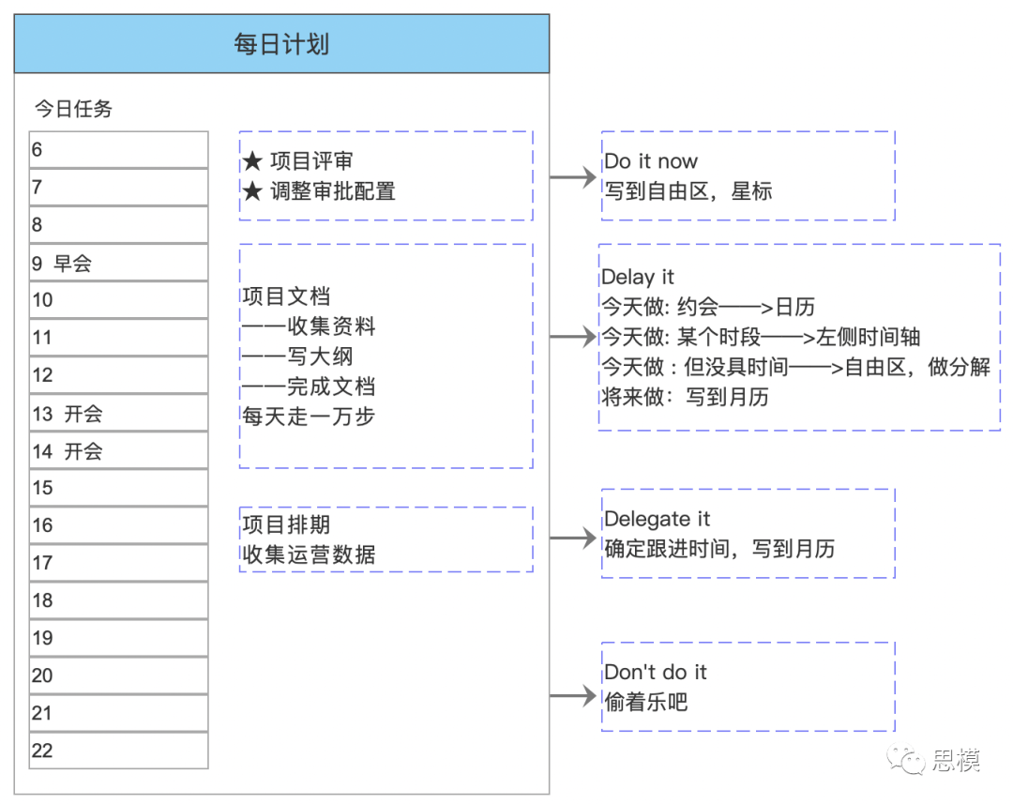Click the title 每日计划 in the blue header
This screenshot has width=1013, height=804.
click(281, 45)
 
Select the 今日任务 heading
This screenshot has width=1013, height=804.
click(73, 109)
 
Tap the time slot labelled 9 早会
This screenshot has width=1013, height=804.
click(119, 263)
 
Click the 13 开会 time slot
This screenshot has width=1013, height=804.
click(119, 413)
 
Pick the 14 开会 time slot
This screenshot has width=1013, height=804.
click(119, 450)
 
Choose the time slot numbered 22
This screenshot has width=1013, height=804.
click(119, 751)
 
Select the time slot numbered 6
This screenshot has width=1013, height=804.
click(119, 149)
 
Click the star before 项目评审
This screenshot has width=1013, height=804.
click(252, 160)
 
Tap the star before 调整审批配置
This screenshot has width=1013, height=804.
click(252, 190)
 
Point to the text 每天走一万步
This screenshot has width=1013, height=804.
click(309, 417)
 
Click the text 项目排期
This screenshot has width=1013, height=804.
click(286, 524)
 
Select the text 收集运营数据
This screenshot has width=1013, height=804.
click(309, 554)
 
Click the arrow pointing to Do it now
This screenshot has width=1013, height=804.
click(573, 176)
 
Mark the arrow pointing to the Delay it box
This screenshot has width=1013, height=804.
click(573, 336)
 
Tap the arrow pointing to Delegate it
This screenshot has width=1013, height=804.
click(573, 537)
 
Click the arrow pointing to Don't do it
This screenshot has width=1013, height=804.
click(573, 696)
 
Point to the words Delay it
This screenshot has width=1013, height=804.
click(638, 278)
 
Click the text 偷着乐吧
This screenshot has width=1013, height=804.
click(646, 701)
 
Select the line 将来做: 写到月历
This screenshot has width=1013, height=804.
click(686, 396)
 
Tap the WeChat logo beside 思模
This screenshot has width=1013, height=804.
click(906, 760)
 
